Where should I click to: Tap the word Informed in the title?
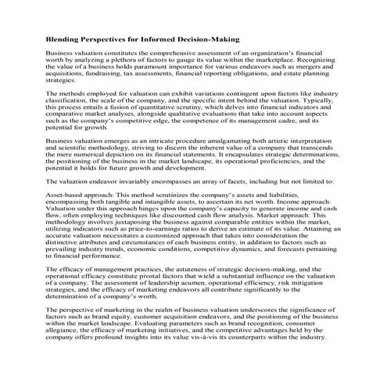(x=166, y=38)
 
